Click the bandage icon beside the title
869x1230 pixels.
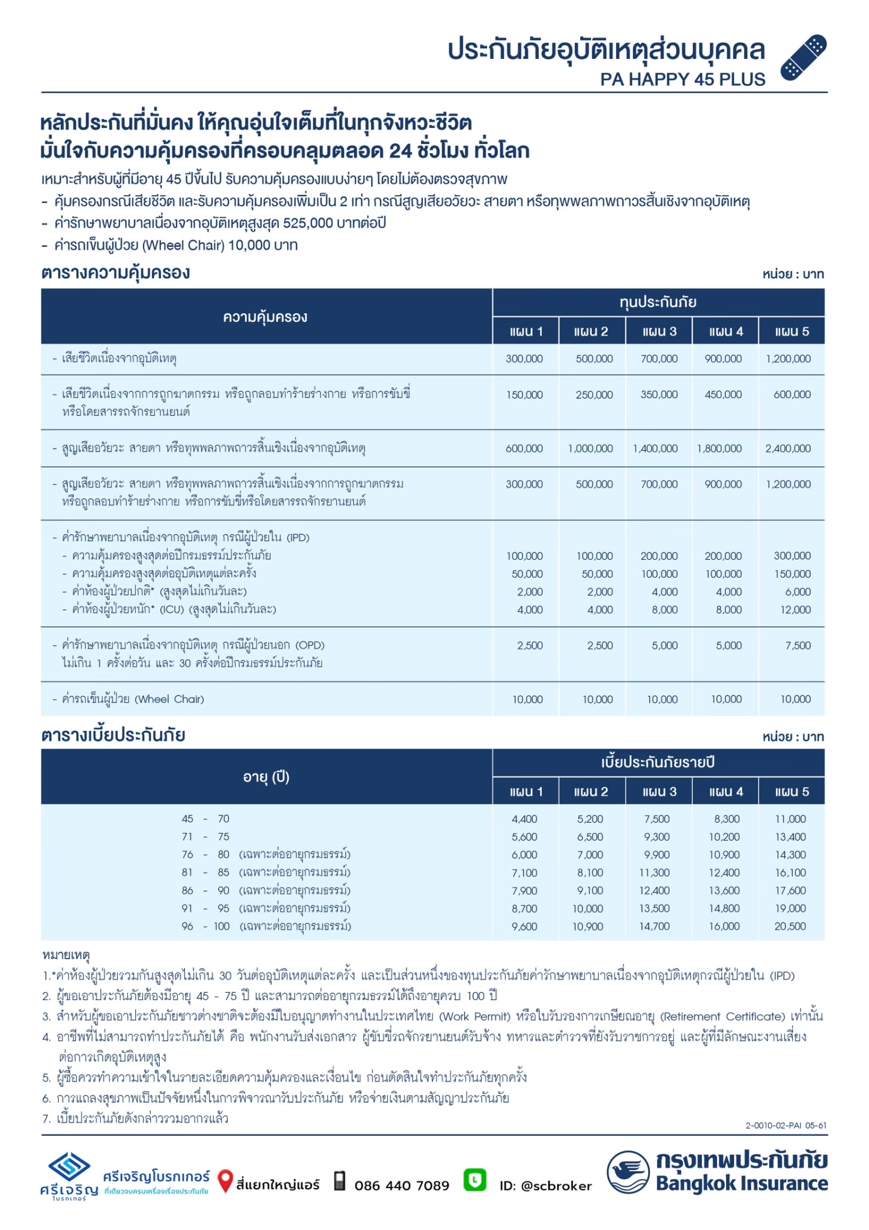click(x=803, y=58)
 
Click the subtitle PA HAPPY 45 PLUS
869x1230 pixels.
click(x=682, y=79)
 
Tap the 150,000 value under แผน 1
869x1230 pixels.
click(x=524, y=395)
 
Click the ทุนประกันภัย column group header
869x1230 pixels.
click(x=658, y=302)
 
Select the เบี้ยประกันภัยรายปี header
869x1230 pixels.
click(x=658, y=762)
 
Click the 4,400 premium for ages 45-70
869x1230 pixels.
click(x=524, y=819)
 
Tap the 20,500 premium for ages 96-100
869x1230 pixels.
click(x=790, y=926)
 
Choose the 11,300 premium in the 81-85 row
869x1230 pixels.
click(x=654, y=873)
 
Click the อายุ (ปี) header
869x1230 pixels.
click(x=266, y=777)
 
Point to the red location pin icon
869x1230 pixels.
click(x=225, y=1181)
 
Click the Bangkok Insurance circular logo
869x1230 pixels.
click(x=628, y=1172)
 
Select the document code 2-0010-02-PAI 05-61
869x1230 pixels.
click(x=786, y=1125)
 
